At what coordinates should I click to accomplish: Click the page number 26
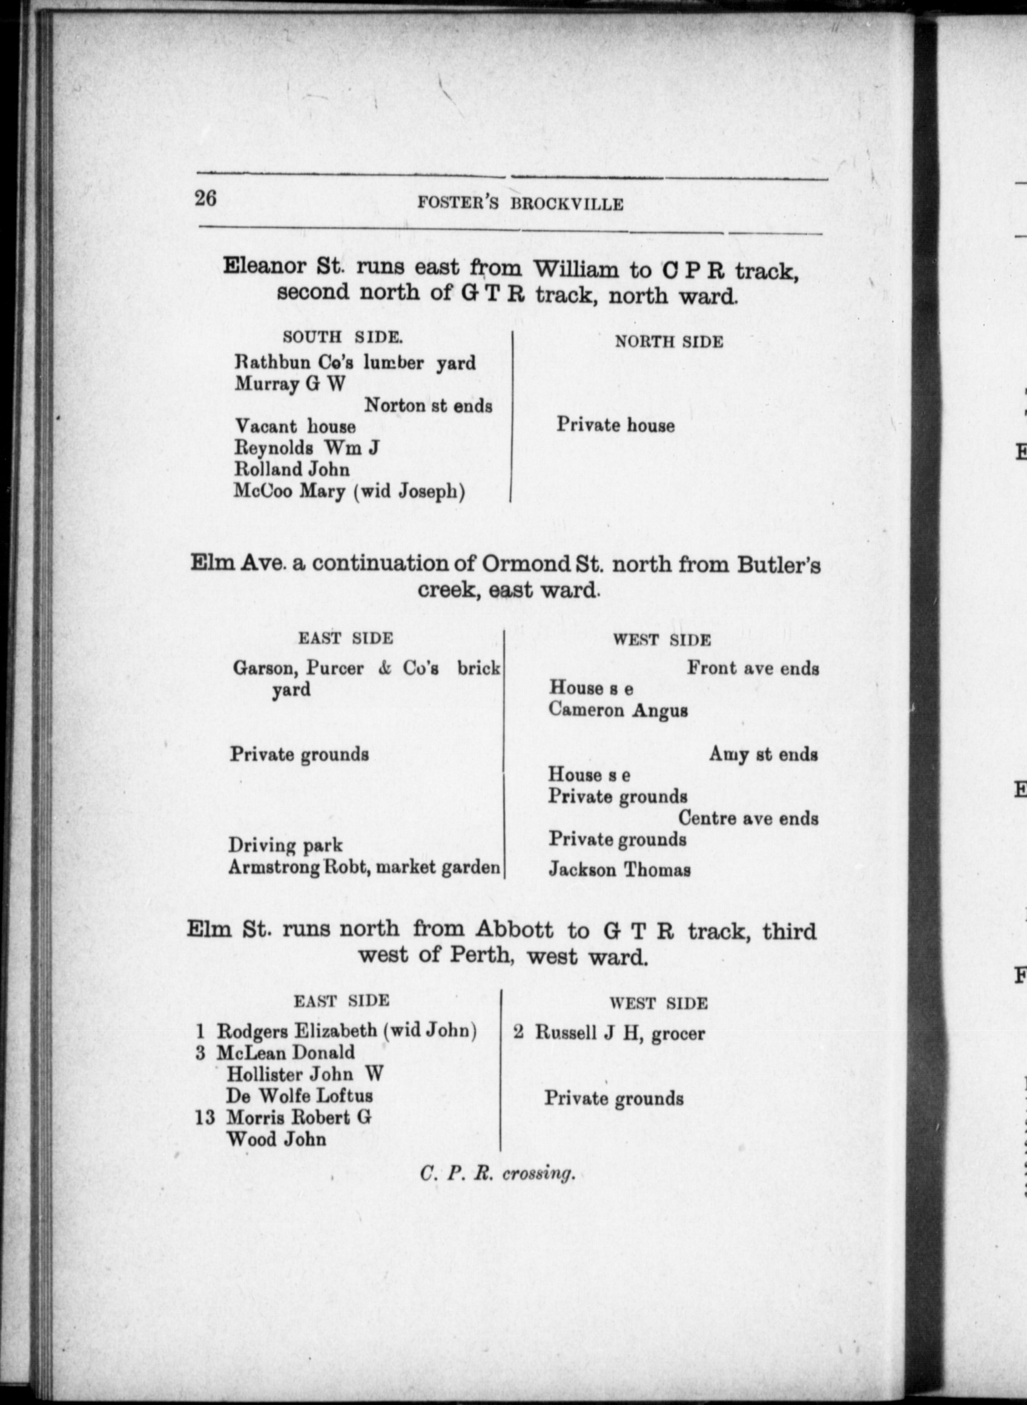(x=206, y=198)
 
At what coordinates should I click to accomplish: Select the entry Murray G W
(x=289, y=384)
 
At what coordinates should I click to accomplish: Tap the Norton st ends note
(x=428, y=406)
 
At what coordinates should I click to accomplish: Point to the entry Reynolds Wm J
(x=306, y=448)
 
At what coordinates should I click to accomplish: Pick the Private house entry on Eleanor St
(x=615, y=425)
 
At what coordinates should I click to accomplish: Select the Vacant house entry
(x=295, y=426)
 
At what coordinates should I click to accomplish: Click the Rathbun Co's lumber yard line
(x=354, y=362)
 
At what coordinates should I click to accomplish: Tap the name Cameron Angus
(x=618, y=710)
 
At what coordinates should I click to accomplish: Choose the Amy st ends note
(x=763, y=755)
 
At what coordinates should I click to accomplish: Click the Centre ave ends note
(x=748, y=818)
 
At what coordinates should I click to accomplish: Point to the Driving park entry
(x=285, y=845)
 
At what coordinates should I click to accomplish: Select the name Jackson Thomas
(x=619, y=869)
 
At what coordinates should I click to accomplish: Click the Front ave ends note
(x=752, y=669)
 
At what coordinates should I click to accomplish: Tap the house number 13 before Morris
(x=205, y=1118)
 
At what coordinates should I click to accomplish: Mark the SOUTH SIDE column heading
(x=342, y=337)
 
